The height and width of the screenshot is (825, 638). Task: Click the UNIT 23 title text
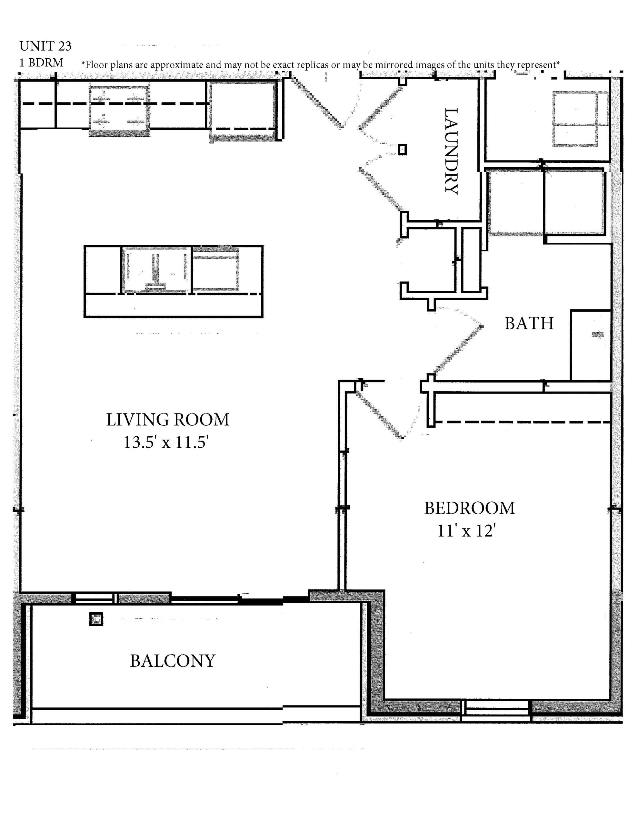[45, 46]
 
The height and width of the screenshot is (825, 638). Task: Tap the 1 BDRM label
[41, 63]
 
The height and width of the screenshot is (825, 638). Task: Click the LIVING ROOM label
[167, 420]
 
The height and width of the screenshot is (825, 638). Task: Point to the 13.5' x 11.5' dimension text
[166, 442]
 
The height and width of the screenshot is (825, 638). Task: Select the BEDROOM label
[469, 508]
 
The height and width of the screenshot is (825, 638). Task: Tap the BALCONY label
[173, 661]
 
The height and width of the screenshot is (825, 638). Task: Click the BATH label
[529, 323]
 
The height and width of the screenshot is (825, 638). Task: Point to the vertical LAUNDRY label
[451, 151]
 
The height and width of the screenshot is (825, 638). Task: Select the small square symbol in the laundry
[403, 150]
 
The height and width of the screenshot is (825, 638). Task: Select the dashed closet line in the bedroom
[523, 422]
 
